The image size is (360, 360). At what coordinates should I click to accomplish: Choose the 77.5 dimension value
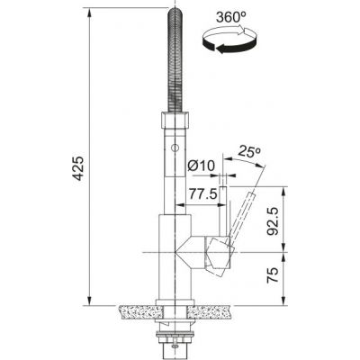pyautogui.click(x=202, y=193)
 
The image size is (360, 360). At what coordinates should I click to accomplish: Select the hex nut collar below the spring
pyautogui.click(x=173, y=126)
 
